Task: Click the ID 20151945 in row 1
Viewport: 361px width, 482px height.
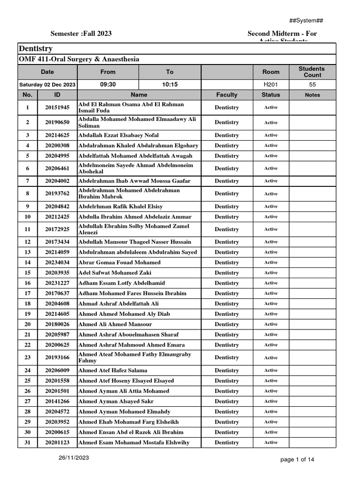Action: (x=57, y=108)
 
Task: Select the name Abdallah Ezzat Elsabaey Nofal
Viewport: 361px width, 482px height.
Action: (x=118, y=135)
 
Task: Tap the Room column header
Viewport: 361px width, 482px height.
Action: (x=270, y=72)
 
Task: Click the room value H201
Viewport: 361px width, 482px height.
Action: (x=270, y=84)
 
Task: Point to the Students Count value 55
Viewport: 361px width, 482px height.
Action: (x=312, y=84)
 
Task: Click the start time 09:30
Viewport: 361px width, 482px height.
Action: (x=108, y=84)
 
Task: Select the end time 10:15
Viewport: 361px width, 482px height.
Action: (x=170, y=84)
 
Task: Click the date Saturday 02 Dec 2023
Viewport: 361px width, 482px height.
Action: (x=47, y=85)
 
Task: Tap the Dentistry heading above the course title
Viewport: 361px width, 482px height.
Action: (x=36, y=49)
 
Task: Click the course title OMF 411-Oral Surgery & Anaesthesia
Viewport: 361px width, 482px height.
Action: (x=79, y=59)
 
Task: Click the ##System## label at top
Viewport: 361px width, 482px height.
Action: (x=306, y=20)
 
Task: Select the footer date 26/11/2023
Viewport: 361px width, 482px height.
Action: (x=74, y=458)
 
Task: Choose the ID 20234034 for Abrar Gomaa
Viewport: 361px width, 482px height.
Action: (x=57, y=263)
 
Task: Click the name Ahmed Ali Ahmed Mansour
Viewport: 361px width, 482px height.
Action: (x=115, y=324)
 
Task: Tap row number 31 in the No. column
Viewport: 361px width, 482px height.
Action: (x=27, y=442)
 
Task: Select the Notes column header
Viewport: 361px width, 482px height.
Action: (x=312, y=95)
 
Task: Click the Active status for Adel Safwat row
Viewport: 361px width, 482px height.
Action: (x=270, y=273)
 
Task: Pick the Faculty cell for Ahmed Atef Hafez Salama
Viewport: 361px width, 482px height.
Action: (x=227, y=370)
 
